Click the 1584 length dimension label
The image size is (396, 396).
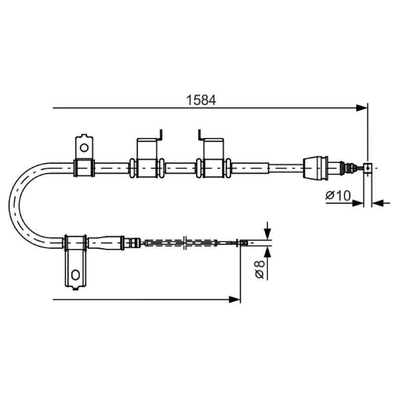[x=201, y=100]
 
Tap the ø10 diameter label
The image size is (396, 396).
[x=338, y=195]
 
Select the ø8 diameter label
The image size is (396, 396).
[x=260, y=269]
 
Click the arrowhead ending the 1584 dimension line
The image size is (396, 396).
[x=361, y=108]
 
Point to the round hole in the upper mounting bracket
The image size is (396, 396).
[x=84, y=148]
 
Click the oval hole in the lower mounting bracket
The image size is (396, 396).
[x=76, y=275]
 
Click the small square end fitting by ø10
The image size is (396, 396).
[x=368, y=168]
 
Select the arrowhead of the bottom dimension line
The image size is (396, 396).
[x=234, y=299]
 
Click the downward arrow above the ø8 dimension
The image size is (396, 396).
[x=268, y=230]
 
